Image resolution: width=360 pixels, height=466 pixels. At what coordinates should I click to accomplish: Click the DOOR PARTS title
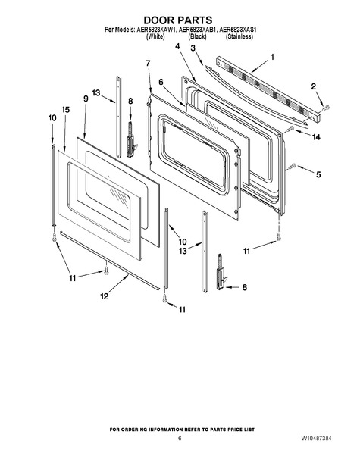(x=178, y=20)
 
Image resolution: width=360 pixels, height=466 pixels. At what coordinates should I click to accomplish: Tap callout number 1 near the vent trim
(x=272, y=57)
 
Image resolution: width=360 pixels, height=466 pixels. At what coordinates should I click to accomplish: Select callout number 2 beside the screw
(x=314, y=86)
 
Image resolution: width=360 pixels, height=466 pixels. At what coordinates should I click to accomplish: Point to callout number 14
(x=316, y=137)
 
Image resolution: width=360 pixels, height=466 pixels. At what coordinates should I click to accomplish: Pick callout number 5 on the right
(x=318, y=174)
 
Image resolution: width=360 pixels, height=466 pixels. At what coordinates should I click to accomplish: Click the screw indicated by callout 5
(x=293, y=165)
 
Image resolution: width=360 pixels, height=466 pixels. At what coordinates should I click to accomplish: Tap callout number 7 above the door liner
(x=148, y=63)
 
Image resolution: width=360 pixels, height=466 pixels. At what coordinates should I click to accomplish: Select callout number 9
(x=86, y=99)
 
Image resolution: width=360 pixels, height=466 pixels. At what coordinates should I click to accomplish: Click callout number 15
(x=65, y=110)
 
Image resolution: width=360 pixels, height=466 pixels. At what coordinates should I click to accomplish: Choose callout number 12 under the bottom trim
(x=104, y=296)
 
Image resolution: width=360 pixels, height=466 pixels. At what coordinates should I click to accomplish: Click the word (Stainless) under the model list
(x=239, y=36)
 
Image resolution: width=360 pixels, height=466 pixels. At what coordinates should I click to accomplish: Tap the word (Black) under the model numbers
(x=197, y=36)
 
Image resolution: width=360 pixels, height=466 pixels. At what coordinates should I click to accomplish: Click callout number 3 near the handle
(x=193, y=48)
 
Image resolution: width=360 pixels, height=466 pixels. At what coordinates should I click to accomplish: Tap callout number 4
(x=177, y=46)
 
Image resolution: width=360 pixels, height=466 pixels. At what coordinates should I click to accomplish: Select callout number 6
(x=161, y=82)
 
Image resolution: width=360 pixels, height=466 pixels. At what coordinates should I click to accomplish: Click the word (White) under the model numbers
(x=155, y=36)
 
